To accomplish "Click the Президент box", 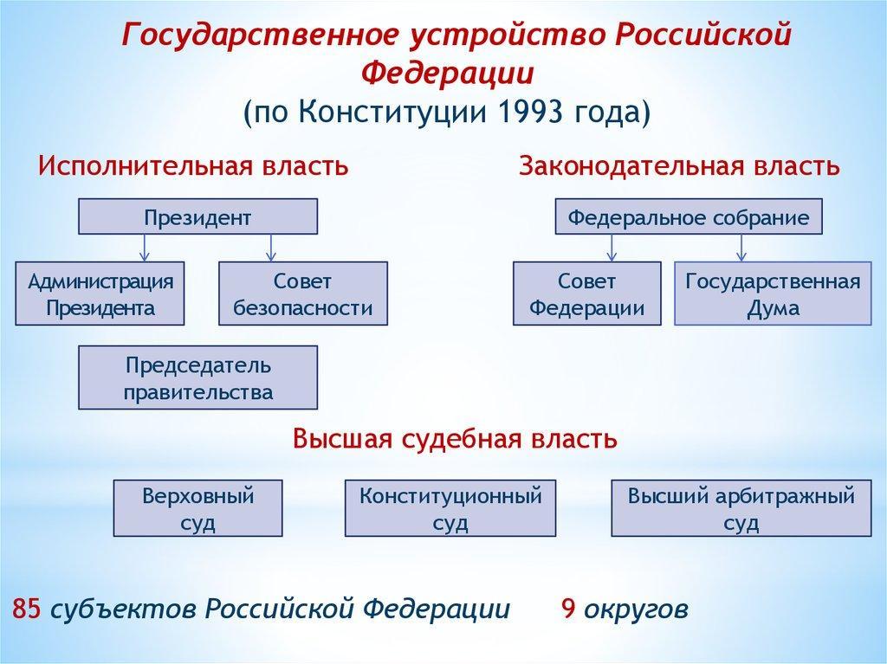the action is point(198,216).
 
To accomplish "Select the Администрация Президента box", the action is point(100,293).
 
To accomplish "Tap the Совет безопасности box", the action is point(303,293).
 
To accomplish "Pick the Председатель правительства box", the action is point(198,377).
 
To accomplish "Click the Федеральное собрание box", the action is point(689,216).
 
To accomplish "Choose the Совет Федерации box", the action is point(587,293).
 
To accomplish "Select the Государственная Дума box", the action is point(773,293).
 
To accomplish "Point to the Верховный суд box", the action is point(198,508).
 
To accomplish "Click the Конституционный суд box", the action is point(450,508).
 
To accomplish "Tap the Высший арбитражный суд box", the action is point(741,508).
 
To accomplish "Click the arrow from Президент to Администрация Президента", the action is point(145,248).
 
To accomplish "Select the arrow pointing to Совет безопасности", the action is point(271,248).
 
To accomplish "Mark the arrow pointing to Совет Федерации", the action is point(612,248).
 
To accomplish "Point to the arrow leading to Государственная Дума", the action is point(741,248).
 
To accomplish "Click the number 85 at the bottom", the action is point(26,609).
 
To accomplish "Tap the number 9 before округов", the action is point(568,609).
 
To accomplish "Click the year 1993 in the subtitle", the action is point(531,112).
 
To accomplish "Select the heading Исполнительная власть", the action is point(193,166).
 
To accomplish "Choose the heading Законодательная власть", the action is point(679,166).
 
